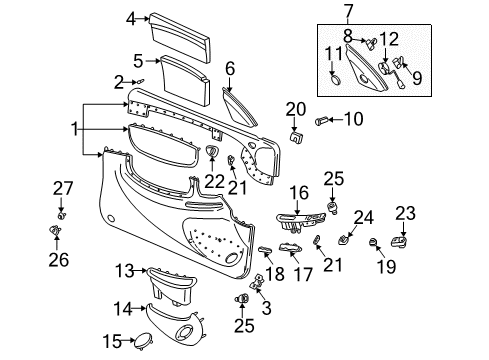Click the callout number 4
pyautogui.click(x=131, y=18)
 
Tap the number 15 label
pyautogui.click(x=116, y=342)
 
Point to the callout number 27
pyautogui.click(x=62, y=189)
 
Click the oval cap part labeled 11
pyautogui.click(x=336, y=75)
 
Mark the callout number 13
pyautogui.click(x=123, y=270)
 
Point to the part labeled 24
pyautogui.click(x=345, y=240)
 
